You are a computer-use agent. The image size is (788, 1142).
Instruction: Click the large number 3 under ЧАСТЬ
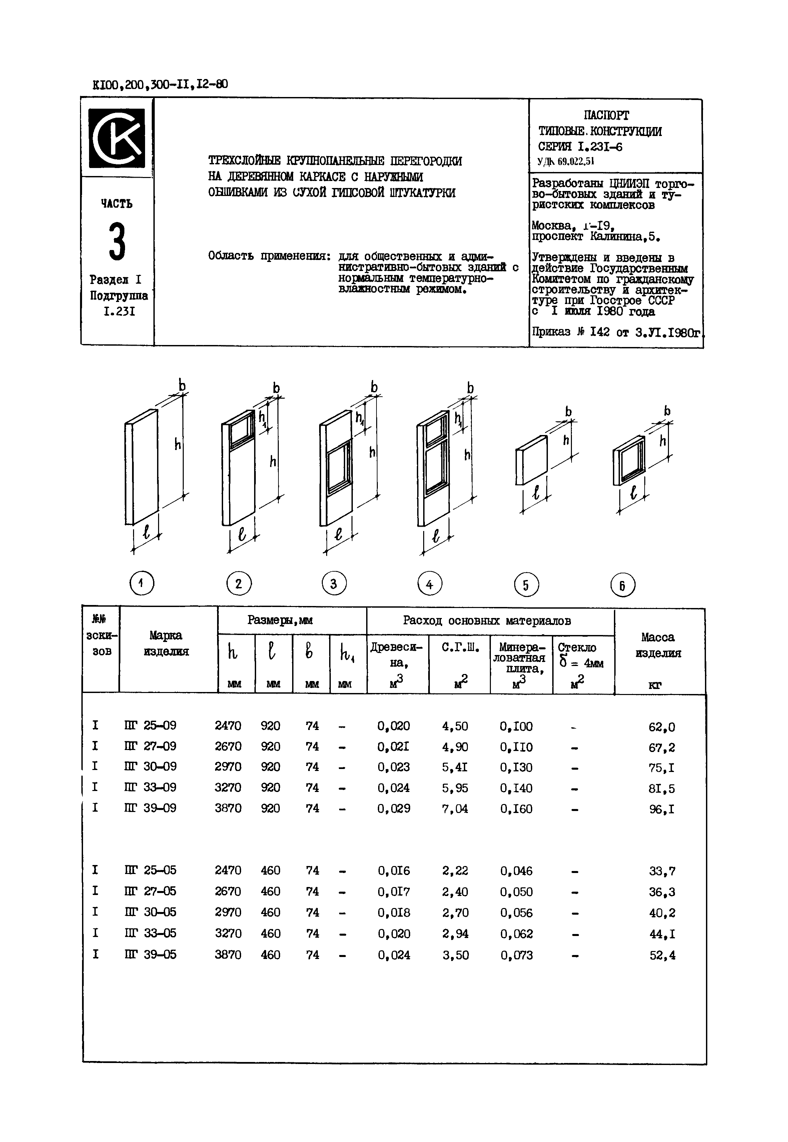point(117,241)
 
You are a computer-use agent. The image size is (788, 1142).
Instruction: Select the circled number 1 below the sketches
point(142,584)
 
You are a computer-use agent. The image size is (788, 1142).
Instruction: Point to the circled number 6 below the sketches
point(623,586)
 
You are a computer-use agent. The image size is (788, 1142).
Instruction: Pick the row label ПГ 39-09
point(150,808)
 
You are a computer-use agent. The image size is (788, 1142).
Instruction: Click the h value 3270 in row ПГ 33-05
point(228,933)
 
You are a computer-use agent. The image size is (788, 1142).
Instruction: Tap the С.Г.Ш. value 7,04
point(455,808)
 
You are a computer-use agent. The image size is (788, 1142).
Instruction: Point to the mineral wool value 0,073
point(517,955)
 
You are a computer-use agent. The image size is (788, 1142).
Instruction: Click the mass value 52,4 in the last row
point(662,955)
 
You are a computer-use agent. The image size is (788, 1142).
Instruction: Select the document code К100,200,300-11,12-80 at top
point(160,84)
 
